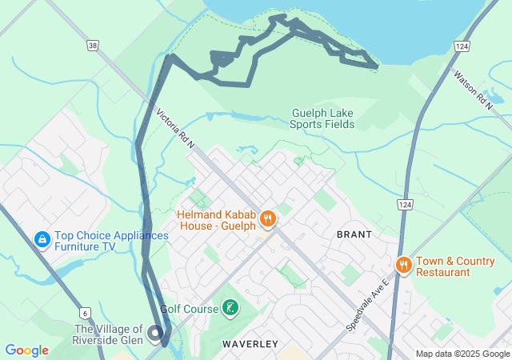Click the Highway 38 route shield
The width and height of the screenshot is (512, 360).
[94, 46]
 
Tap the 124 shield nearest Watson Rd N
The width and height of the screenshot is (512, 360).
[462, 47]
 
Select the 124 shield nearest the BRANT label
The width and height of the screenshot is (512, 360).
[406, 206]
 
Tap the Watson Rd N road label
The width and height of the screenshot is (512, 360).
[474, 90]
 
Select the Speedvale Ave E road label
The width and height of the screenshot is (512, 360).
[368, 306]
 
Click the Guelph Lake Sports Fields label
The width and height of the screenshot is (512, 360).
[322, 118]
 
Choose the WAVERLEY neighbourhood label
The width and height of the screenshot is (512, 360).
[250, 344]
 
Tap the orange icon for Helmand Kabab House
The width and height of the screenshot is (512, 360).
[268, 217]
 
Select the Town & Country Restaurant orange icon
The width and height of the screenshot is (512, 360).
[404, 266]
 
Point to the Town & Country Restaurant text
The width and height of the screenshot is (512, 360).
[454, 266]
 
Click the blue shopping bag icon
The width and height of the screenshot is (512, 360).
[42, 239]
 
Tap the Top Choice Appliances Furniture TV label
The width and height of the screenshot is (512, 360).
[111, 242]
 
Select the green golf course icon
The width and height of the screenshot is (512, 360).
[230, 308]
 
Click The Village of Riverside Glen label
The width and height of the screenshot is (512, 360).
[109, 334]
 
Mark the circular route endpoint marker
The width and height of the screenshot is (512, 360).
[156, 334]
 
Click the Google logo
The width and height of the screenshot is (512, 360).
[26, 350]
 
